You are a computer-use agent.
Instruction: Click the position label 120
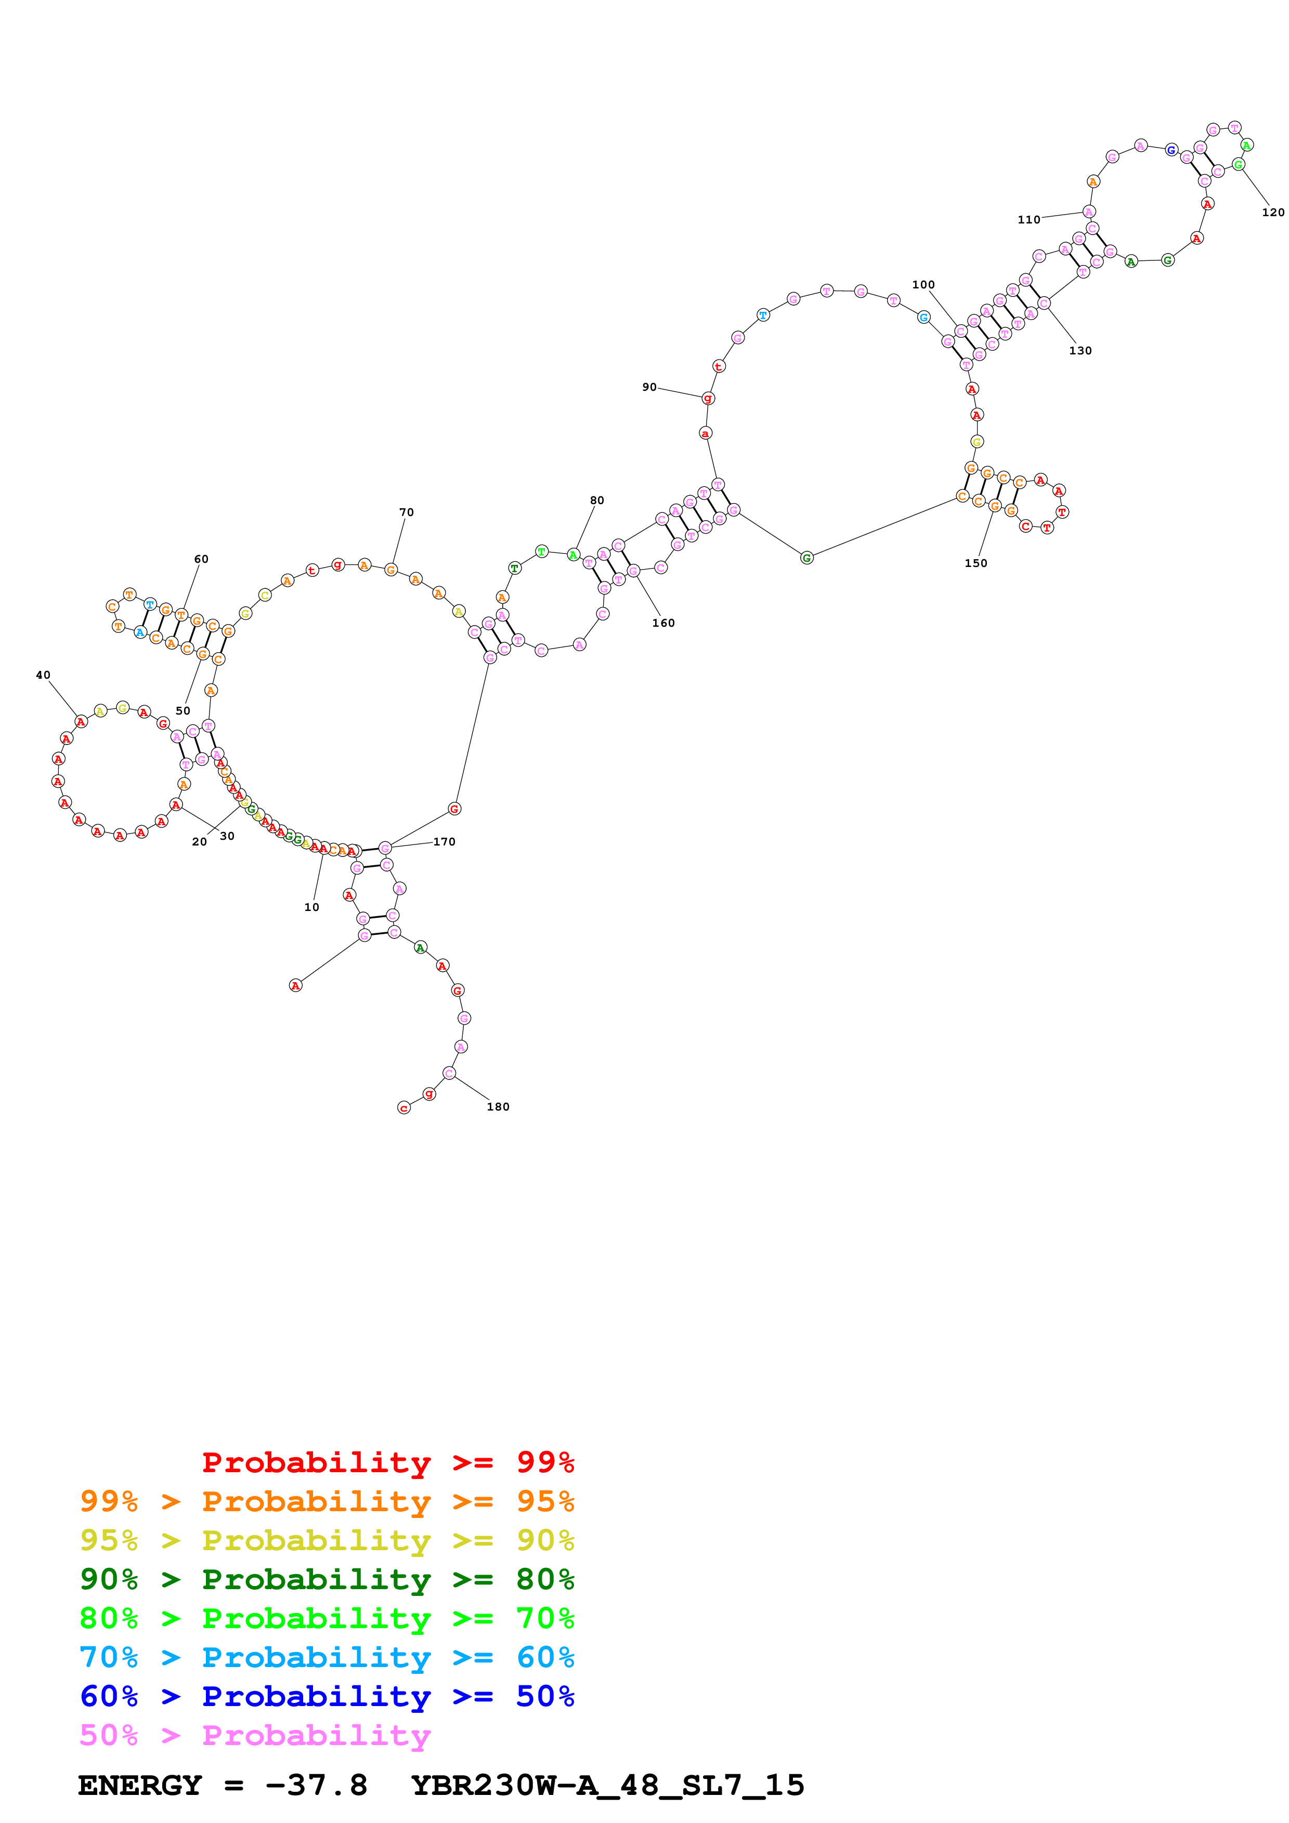tap(1272, 212)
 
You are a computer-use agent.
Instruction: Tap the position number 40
tap(43, 675)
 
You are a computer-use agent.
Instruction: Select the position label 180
tap(498, 1107)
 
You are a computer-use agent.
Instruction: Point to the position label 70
tap(407, 512)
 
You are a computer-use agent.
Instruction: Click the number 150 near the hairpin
tap(976, 563)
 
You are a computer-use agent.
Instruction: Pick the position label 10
tap(311, 907)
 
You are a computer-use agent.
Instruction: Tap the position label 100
tap(923, 284)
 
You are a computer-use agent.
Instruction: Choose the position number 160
tap(663, 623)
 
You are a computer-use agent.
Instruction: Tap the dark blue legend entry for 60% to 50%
tap(327, 1696)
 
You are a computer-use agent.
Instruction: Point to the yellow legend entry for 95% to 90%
tap(327, 1540)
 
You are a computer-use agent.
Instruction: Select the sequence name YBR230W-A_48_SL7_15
tap(607, 1786)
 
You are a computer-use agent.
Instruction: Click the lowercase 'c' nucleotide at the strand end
tap(403, 1107)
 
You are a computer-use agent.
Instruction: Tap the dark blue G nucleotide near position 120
tap(1170, 150)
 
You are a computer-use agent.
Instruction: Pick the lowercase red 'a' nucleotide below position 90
tap(705, 433)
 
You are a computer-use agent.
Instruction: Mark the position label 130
tap(1080, 350)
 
